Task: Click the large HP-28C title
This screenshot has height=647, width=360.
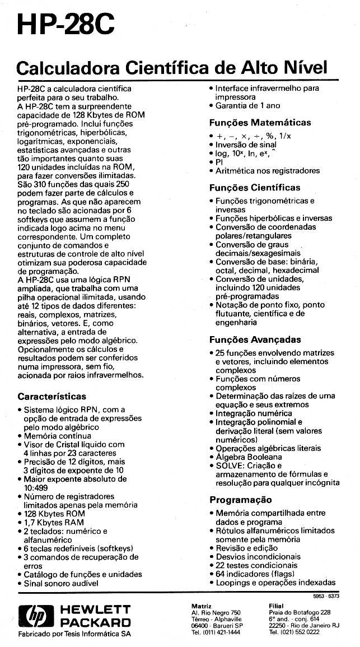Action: click(x=66, y=26)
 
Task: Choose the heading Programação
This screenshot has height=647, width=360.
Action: click(x=240, y=500)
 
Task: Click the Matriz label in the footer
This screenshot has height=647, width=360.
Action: click(x=201, y=606)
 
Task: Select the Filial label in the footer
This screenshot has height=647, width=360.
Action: click(x=277, y=606)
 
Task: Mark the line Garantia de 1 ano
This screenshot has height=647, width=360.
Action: click(x=247, y=105)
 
